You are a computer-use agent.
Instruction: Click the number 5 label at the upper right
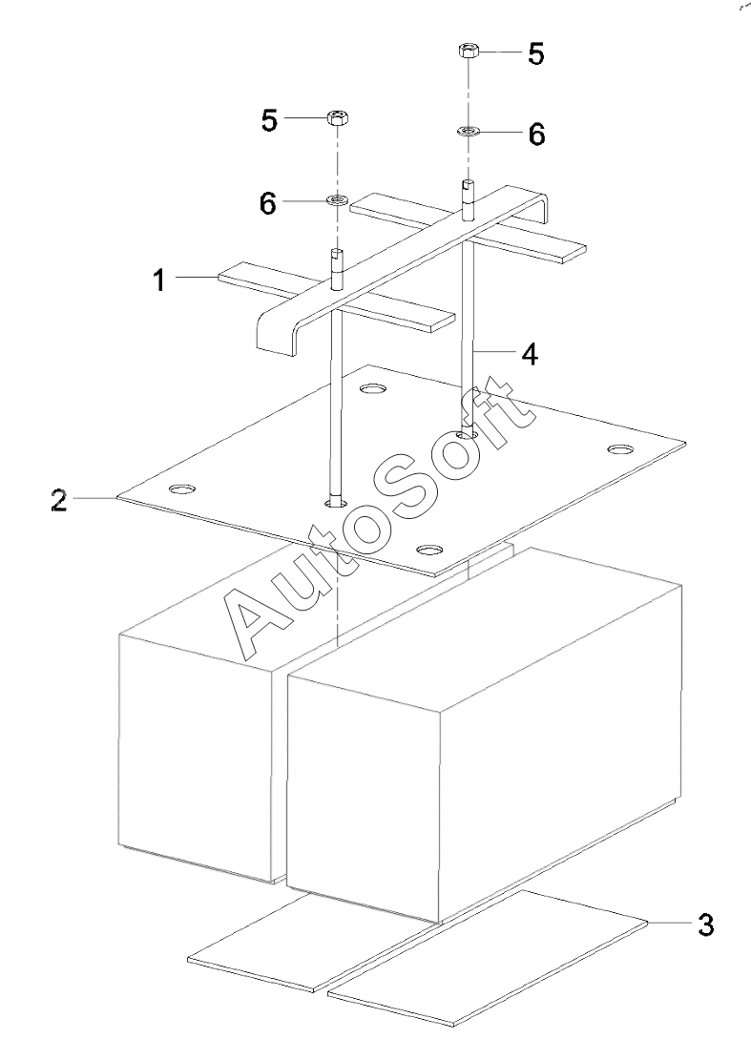pyautogui.click(x=536, y=54)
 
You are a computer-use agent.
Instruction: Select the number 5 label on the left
pyautogui.click(x=270, y=120)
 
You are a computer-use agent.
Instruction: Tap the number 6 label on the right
pyautogui.click(x=536, y=135)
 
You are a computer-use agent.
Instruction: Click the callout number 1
pyautogui.click(x=159, y=281)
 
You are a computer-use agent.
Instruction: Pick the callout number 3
pyautogui.click(x=704, y=924)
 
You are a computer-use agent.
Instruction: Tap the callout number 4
pyautogui.click(x=529, y=354)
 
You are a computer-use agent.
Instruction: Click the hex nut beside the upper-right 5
pyautogui.click(x=468, y=50)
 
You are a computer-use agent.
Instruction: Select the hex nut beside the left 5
pyautogui.click(x=337, y=118)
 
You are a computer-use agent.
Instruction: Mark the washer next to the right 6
pyautogui.click(x=468, y=131)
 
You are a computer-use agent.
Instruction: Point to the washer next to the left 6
pyautogui.click(x=337, y=200)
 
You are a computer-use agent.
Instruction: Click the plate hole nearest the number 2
pyautogui.click(x=179, y=489)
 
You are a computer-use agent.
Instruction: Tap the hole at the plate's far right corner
pyautogui.click(x=621, y=448)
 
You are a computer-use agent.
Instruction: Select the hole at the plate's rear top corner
pyautogui.click(x=372, y=389)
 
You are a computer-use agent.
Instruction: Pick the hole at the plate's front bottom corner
pyautogui.click(x=431, y=551)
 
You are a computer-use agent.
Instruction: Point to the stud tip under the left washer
pyautogui.click(x=337, y=256)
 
